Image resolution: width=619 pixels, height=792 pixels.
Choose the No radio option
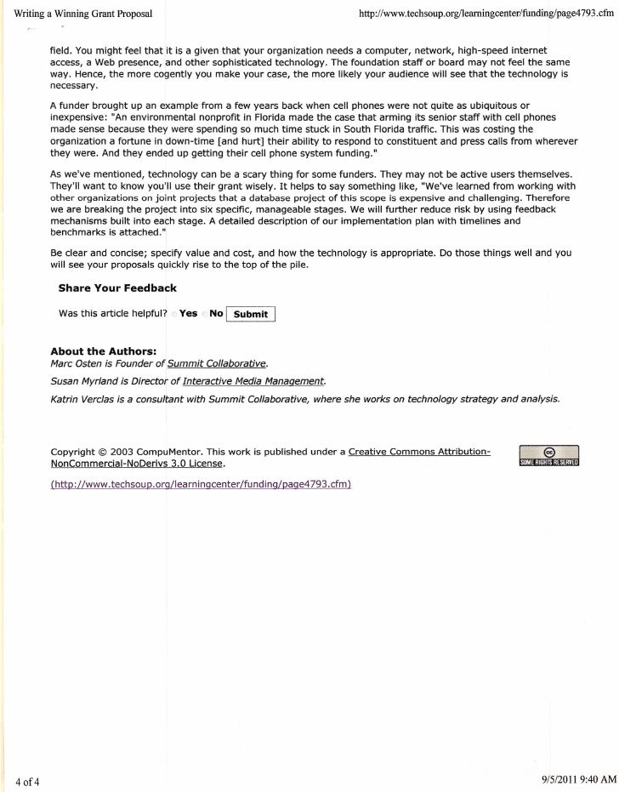point(204,314)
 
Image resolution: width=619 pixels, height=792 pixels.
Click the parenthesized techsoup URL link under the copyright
point(200,484)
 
